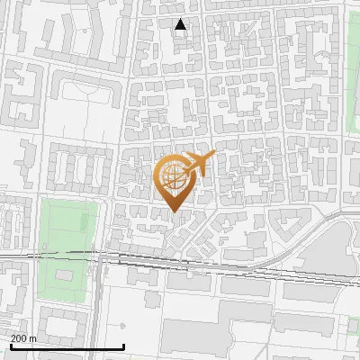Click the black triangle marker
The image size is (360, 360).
pyautogui.click(x=181, y=24)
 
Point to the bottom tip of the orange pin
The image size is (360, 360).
pyautogui.click(x=175, y=211)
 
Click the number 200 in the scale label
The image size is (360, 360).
pyautogui.click(x=19, y=338)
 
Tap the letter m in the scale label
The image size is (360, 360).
pyautogui.click(x=33, y=338)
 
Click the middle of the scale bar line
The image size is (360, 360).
pyautogui.click(x=67, y=347)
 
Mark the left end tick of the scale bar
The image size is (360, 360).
pyautogui.click(x=11, y=346)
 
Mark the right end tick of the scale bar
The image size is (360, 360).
pyautogui.click(x=124, y=346)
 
